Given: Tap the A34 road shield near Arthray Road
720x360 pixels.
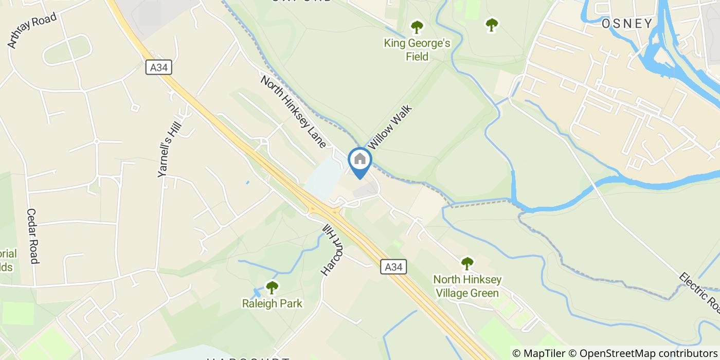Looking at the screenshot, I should pos(158,67).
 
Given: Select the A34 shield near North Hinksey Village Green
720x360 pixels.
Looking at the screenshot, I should pos(394,266).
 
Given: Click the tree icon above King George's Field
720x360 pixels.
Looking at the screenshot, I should pos(417,27).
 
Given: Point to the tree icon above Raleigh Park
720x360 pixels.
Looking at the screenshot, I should pos(272,287).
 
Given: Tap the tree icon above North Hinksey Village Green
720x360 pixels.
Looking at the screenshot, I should pos(467,264).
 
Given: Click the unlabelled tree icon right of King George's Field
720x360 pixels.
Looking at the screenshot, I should pos(492,24).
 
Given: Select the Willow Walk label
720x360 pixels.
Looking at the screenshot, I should pos(391,127).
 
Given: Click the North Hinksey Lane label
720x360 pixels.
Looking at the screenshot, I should pos(293,112).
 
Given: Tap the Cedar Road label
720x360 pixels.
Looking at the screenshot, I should pos(33,236).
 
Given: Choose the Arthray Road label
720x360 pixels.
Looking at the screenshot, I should pos(32,31).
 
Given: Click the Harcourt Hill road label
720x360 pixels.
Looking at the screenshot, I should pos(331,250).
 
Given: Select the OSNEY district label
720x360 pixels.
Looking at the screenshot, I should pos(627,23).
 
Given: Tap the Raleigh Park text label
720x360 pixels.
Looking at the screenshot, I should pos(272,303).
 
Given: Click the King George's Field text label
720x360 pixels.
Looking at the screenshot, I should pos(417,50).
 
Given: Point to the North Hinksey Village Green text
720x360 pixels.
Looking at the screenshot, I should pos(467,286).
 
